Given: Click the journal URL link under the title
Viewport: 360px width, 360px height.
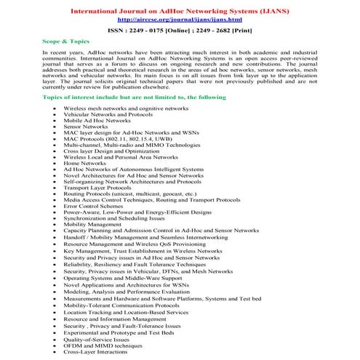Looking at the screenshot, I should coord(179,21).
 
